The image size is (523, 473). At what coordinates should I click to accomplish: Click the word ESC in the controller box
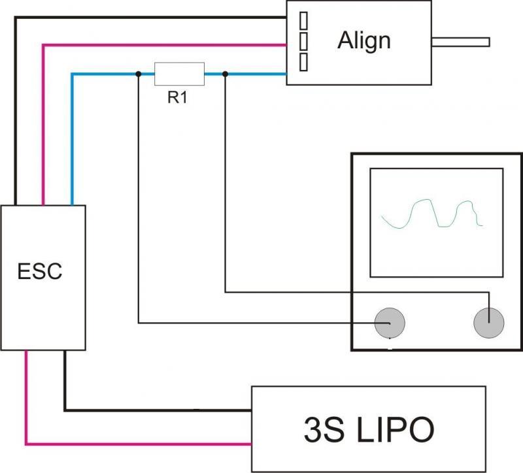41,270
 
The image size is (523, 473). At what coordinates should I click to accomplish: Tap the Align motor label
363,41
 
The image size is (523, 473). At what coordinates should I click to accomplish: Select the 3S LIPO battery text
369,430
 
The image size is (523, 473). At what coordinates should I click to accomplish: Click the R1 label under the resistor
177,99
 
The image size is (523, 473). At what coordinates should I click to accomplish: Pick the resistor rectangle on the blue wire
178,74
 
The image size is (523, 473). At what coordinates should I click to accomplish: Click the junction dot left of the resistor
138,74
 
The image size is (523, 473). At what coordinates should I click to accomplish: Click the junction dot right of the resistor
225,74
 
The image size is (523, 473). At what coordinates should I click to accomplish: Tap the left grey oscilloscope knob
389,323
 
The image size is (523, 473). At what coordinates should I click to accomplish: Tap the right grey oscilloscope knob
489,323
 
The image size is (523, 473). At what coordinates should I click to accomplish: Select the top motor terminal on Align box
303,20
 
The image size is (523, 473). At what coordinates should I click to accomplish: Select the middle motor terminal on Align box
303,41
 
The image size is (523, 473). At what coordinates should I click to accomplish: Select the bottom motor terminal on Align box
303,61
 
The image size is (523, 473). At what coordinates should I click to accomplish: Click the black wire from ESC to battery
157,410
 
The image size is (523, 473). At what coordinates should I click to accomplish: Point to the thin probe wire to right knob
226,196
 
